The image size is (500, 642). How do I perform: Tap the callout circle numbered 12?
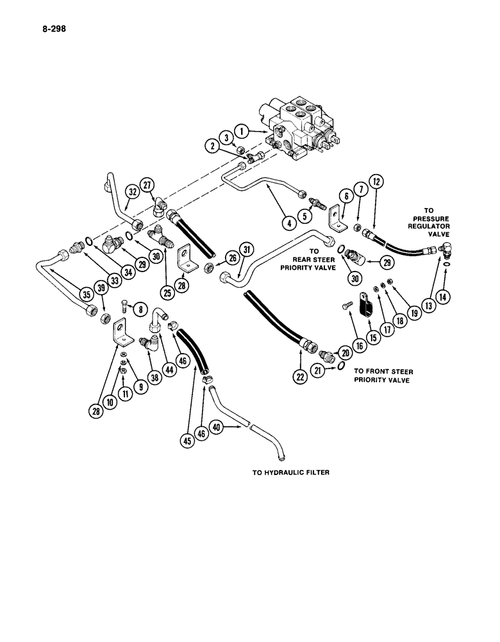(x=376, y=183)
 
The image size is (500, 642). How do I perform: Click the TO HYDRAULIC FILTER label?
(x=290, y=473)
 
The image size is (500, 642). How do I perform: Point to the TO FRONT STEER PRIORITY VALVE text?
(x=383, y=376)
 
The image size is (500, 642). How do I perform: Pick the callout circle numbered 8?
(x=137, y=309)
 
